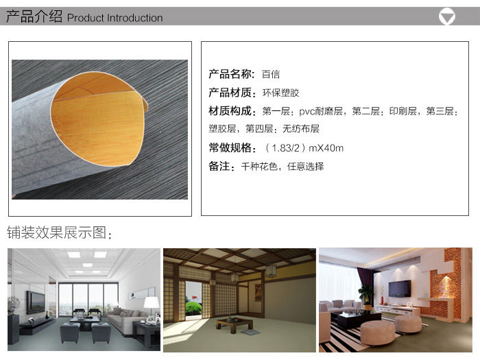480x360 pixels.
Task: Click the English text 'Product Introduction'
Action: [115, 18]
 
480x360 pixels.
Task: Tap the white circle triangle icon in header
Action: [446, 16]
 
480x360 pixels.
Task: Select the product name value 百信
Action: [271, 74]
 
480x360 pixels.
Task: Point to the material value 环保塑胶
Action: [280, 93]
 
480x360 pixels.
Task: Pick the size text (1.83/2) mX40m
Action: [304, 148]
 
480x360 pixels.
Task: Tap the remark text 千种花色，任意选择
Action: [283, 167]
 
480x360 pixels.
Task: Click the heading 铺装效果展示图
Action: [57, 232]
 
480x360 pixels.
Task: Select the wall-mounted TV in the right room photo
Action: [400, 289]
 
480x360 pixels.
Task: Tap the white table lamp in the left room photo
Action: [152, 304]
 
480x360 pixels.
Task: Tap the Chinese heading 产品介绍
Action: [34, 16]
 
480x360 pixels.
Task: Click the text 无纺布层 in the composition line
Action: [301, 129]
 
